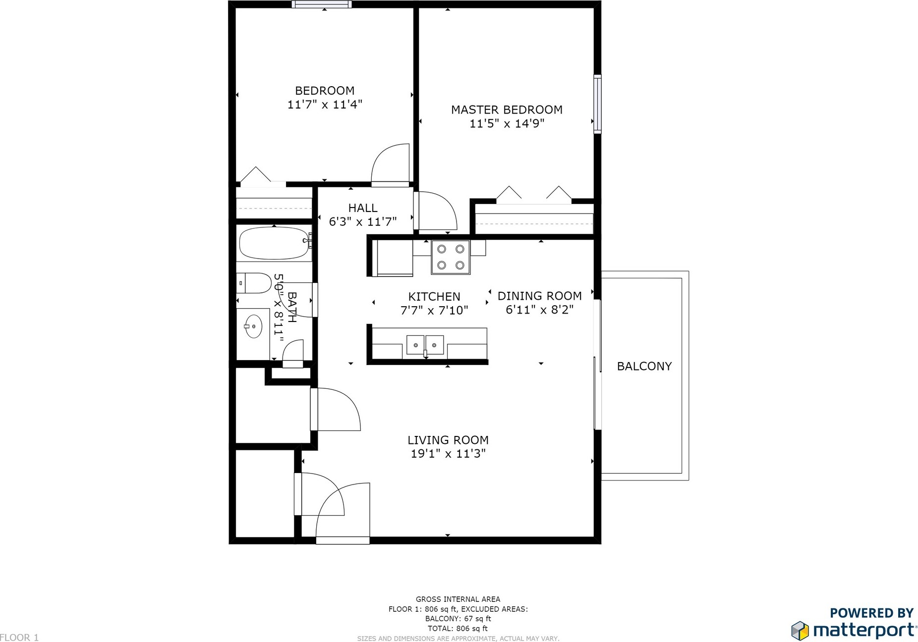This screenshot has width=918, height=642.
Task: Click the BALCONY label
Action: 644,366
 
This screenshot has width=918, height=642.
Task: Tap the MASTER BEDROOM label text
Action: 507,109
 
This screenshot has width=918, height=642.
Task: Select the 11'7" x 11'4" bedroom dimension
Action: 325,105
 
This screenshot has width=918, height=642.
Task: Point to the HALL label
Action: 363,208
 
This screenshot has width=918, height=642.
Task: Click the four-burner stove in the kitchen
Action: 451,257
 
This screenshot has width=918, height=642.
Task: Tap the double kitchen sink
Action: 425,345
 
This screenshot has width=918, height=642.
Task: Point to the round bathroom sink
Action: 253,326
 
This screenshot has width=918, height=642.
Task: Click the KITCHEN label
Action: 434,297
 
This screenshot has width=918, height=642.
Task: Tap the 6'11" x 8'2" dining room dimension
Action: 539,310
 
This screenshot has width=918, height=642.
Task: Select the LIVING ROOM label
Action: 448,440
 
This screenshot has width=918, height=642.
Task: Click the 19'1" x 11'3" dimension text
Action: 448,454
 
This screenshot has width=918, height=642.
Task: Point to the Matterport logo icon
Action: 800,630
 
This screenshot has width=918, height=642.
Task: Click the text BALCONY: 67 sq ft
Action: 458,619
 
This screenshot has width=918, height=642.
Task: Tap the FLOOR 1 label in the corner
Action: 19,638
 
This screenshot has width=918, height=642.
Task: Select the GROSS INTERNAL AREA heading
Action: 458,599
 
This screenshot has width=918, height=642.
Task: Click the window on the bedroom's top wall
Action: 322,4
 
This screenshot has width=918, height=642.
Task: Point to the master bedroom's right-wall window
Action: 597,104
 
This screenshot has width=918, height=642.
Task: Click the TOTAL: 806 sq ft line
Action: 458,629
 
